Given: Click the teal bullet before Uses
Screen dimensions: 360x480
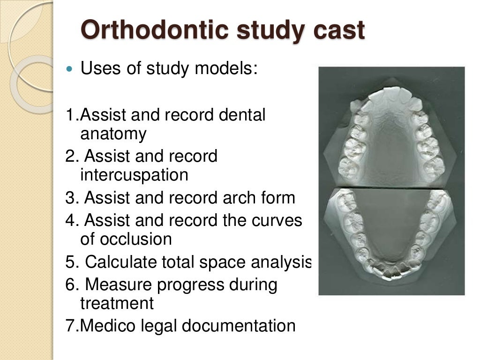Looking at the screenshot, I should pyautogui.click(x=70, y=69).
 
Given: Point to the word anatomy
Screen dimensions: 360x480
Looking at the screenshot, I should pyautogui.click(x=113, y=134).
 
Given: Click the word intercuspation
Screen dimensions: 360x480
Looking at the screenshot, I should pyautogui.click(x=134, y=175).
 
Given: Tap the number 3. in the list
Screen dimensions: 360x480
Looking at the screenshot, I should pyautogui.click(x=72, y=198).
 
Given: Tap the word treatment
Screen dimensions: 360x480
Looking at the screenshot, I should pyautogui.click(x=117, y=303).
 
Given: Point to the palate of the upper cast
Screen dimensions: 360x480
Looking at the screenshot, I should pyautogui.click(x=391, y=145).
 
